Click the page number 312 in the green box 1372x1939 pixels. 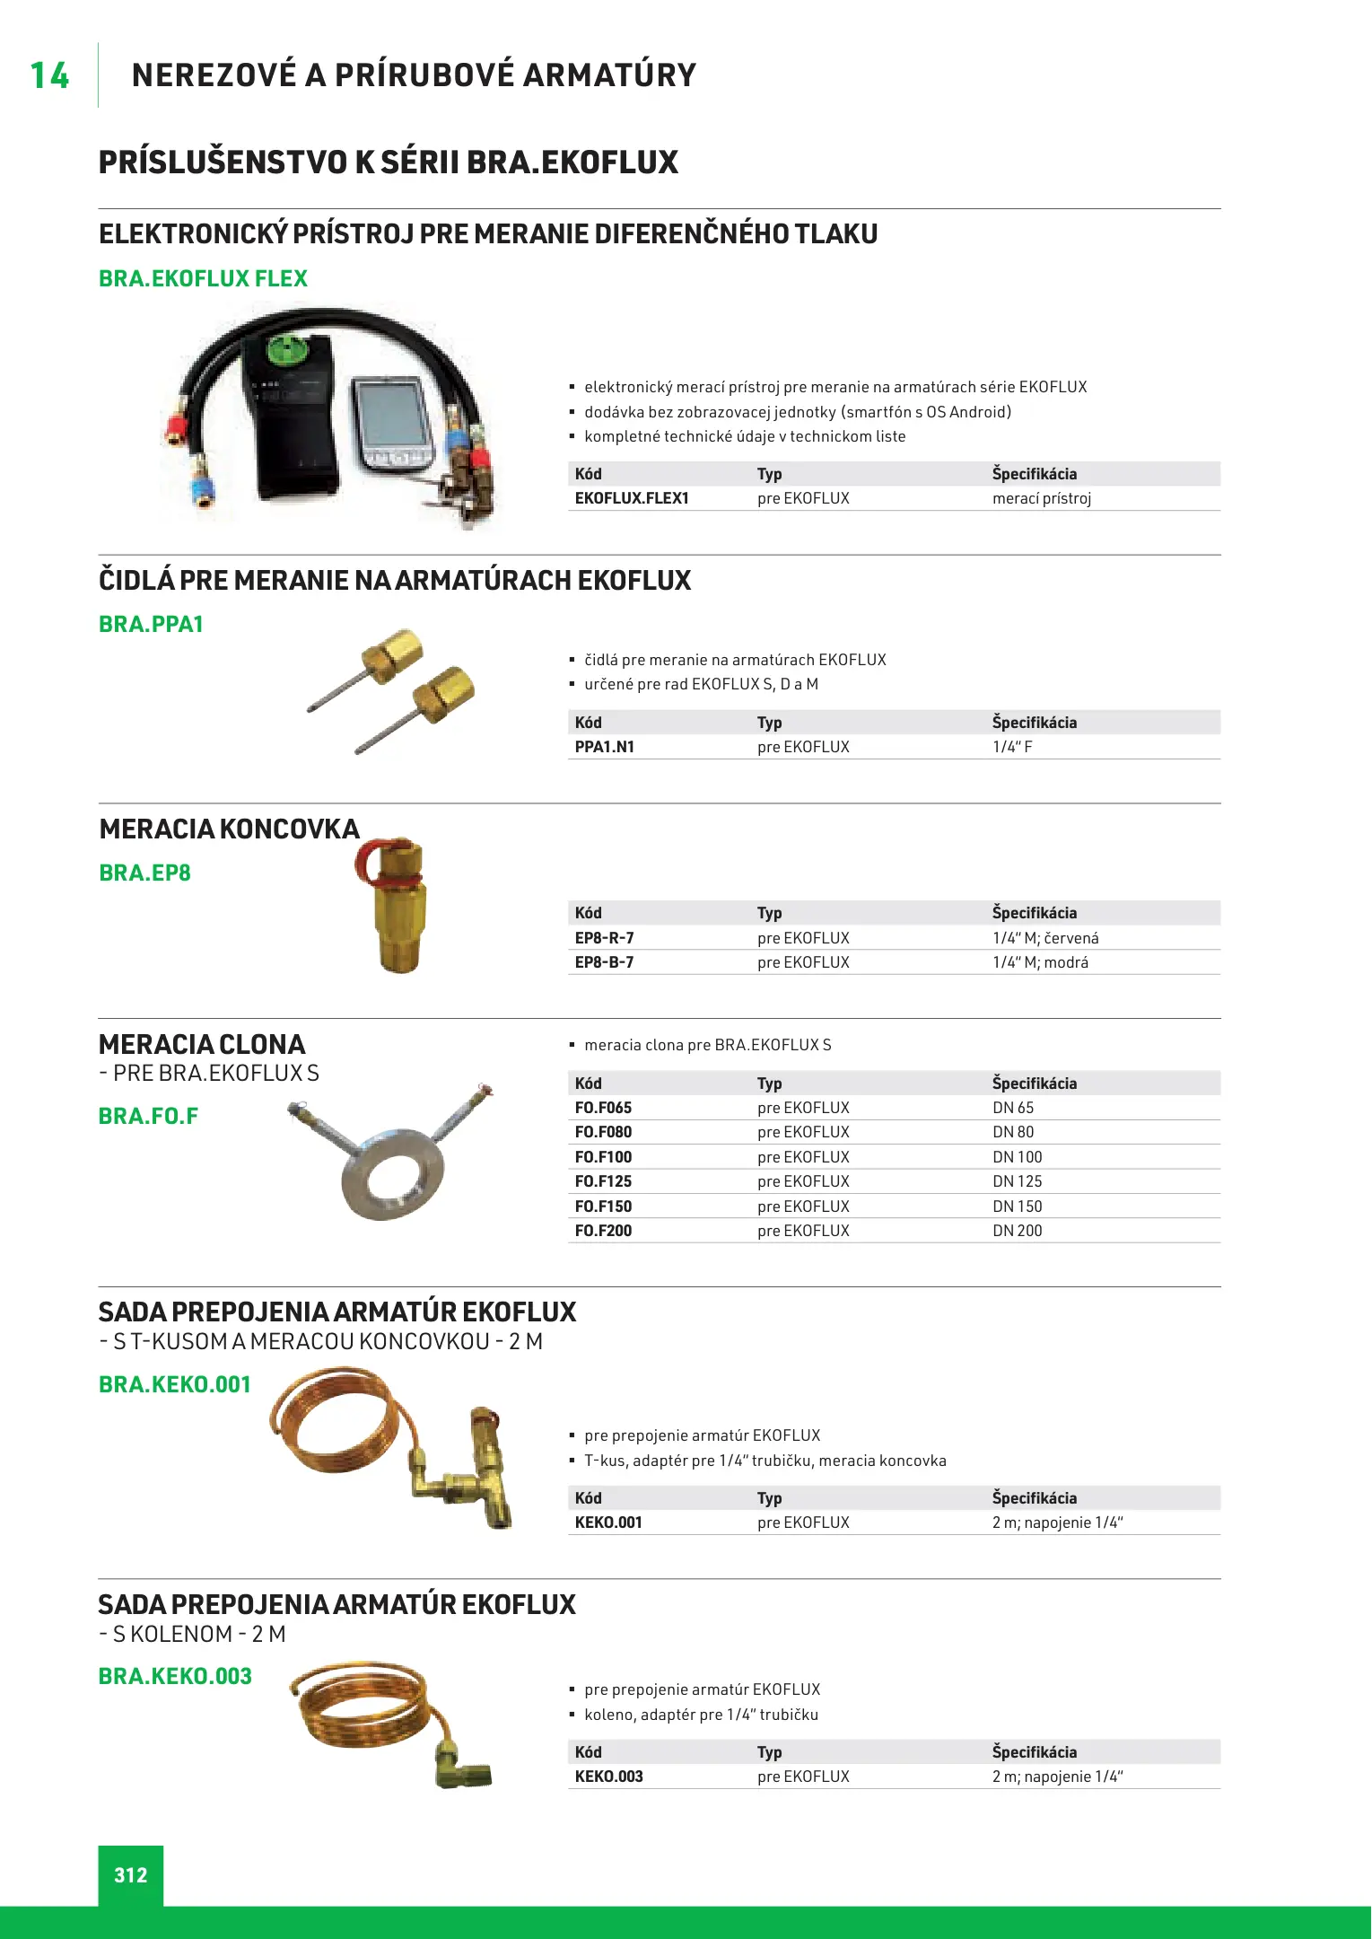click(131, 1874)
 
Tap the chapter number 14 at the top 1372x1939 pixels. click(49, 76)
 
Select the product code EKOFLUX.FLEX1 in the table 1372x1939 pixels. click(632, 498)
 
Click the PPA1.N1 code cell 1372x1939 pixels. click(605, 747)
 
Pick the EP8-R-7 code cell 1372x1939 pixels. click(605, 938)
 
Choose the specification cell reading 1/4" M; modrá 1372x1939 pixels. click(1040, 962)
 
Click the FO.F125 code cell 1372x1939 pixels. click(603, 1181)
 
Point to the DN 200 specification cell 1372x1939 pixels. click(1017, 1231)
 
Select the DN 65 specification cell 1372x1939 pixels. click(1013, 1108)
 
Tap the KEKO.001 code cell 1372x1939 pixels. click(608, 1522)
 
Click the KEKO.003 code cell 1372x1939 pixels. click(609, 1777)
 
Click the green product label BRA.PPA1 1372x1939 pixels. click(151, 624)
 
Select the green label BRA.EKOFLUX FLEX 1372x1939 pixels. click(203, 278)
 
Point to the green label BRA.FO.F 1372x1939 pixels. click(148, 1116)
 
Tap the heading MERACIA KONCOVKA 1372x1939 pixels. click(229, 829)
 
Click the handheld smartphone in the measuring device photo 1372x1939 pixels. click(392, 422)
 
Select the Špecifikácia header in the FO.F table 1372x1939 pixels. click(1034, 1084)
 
